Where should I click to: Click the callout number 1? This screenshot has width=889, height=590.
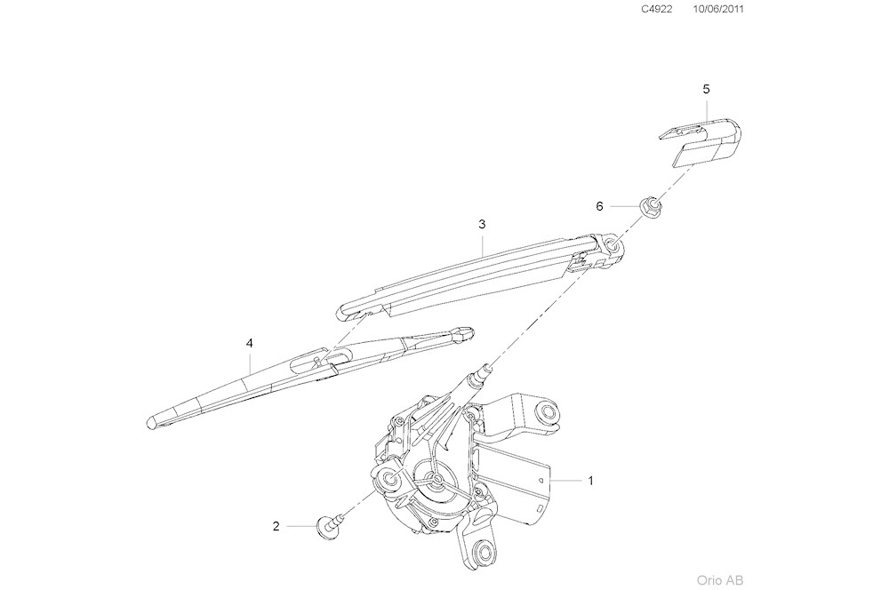[589, 480]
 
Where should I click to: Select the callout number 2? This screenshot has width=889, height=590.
[276, 526]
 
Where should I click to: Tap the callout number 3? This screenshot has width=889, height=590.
[482, 225]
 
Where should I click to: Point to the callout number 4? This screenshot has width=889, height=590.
[250, 342]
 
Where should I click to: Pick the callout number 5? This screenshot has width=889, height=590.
[706, 90]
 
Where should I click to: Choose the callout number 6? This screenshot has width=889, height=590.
[599, 206]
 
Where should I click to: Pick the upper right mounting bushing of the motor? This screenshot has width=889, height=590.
[549, 412]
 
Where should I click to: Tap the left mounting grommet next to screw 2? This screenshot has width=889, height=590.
[388, 482]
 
